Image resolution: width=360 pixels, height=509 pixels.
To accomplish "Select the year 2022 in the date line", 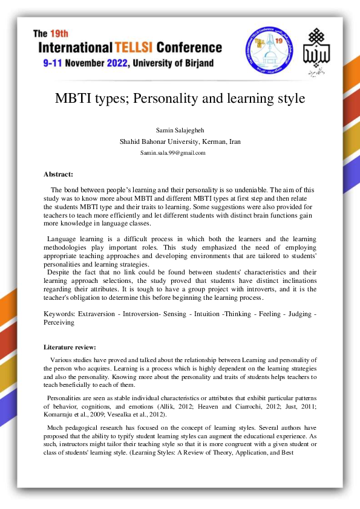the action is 129,62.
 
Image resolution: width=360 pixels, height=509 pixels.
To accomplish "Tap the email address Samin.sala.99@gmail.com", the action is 173,152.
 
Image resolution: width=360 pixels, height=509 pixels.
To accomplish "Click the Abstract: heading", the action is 58,174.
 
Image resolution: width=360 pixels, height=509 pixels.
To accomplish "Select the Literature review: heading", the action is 70,347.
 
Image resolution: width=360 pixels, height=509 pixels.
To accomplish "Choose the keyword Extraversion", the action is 96,314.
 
